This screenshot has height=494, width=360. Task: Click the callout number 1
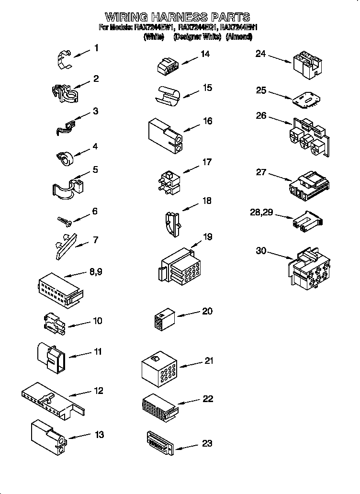(x=97, y=48)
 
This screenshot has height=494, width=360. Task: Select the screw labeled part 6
(x=64, y=220)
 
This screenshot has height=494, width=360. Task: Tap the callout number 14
(x=205, y=54)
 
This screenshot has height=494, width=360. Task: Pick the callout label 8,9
(x=95, y=272)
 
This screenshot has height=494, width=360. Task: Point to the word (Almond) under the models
(x=242, y=36)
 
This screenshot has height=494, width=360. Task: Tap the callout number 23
(x=207, y=443)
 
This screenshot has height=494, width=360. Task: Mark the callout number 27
(x=261, y=172)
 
